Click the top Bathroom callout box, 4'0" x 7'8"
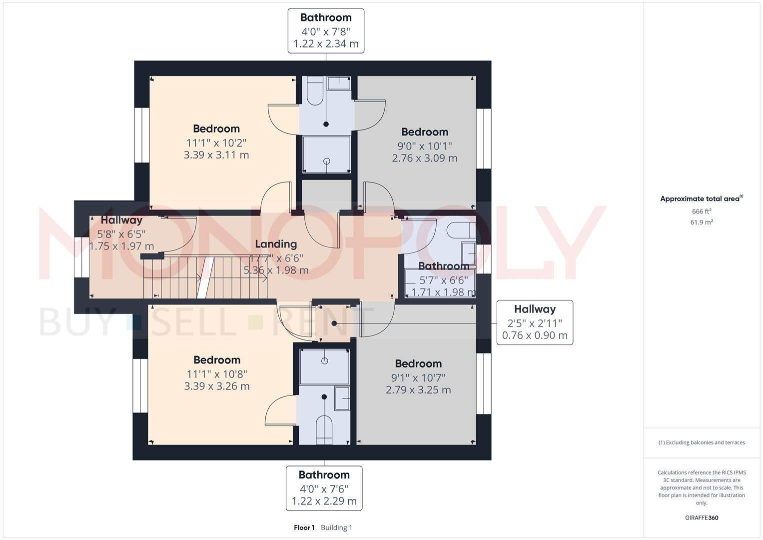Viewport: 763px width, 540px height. pyautogui.click(x=326, y=30)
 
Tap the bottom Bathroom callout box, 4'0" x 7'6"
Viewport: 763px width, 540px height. pyautogui.click(x=324, y=488)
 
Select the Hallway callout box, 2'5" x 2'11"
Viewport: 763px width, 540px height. pyautogui.click(x=535, y=322)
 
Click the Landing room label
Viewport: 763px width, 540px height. pyautogui.click(x=276, y=244)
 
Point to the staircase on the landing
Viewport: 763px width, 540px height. pyautogui.click(x=205, y=277)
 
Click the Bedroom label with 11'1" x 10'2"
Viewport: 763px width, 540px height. pyautogui.click(x=216, y=129)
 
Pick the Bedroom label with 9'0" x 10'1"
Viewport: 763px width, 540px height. pyautogui.click(x=425, y=132)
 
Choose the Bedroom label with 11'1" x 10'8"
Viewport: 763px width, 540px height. pyautogui.click(x=217, y=360)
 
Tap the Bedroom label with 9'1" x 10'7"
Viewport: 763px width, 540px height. pyautogui.click(x=418, y=364)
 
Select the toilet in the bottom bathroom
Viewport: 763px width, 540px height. pyautogui.click(x=324, y=429)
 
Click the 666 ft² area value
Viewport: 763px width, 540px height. pyautogui.click(x=701, y=211)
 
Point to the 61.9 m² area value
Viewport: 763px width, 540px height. pyautogui.click(x=702, y=222)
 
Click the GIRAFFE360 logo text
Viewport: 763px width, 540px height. pyautogui.click(x=702, y=517)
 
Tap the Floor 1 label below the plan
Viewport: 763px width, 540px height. pyautogui.click(x=304, y=527)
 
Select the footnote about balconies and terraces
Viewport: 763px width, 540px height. pyautogui.click(x=702, y=442)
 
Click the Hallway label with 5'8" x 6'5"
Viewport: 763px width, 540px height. pyautogui.click(x=121, y=220)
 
